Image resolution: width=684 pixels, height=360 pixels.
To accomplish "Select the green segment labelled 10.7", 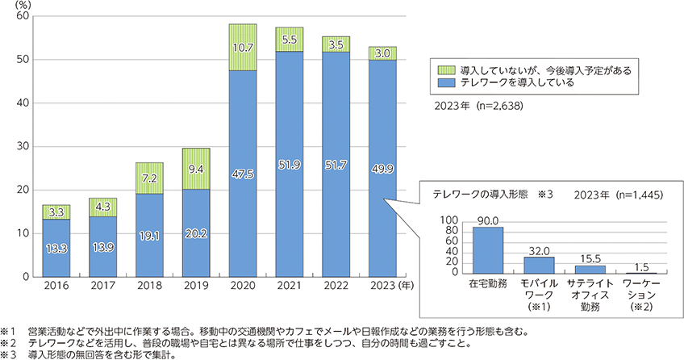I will [243, 48].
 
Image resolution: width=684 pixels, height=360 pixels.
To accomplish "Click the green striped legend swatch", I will [440, 71].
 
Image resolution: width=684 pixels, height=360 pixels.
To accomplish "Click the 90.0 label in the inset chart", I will [486, 219].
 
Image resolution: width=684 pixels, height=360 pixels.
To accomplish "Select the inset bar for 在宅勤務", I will [486, 250].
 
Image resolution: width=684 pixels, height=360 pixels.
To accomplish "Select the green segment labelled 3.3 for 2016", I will [56, 212].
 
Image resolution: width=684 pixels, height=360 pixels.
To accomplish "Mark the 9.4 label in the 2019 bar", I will [196, 169].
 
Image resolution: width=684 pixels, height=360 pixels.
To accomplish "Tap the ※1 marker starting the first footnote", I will [8, 331].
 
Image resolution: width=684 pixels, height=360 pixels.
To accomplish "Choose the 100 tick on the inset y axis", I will [450, 220].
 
